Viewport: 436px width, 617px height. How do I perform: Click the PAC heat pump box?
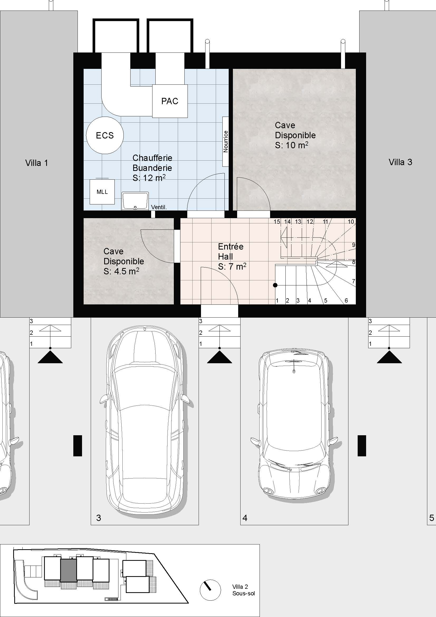pyautogui.click(x=170, y=101)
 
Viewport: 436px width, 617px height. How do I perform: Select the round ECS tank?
pyautogui.click(x=105, y=135)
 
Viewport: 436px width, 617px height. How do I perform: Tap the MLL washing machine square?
pyautogui.click(x=102, y=192)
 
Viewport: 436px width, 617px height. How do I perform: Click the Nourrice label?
pyautogui.click(x=226, y=142)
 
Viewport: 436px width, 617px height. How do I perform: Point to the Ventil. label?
pyautogui.click(x=159, y=207)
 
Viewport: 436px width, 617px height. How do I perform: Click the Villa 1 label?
pyautogui.click(x=37, y=163)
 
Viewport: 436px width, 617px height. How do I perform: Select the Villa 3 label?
pyautogui.click(x=400, y=162)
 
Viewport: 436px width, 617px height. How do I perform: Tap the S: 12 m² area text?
pyautogui.click(x=149, y=178)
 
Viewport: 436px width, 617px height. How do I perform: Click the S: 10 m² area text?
pyautogui.click(x=291, y=145)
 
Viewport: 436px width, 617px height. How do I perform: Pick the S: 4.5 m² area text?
pyautogui.click(x=121, y=271)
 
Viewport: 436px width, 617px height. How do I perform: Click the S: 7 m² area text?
pyautogui.click(x=232, y=266)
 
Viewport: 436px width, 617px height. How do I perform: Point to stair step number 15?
pyautogui.click(x=277, y=222)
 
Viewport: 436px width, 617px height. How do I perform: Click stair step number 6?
pyautogui.click(x=346, y=300)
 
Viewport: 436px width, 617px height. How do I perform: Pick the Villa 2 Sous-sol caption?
pyautogui.click(x=244, y=590)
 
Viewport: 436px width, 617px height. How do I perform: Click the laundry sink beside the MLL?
pyautogui.click(x=135, y=201)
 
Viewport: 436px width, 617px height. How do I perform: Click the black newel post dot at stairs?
pyautogui.click(x=275, y=285)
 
